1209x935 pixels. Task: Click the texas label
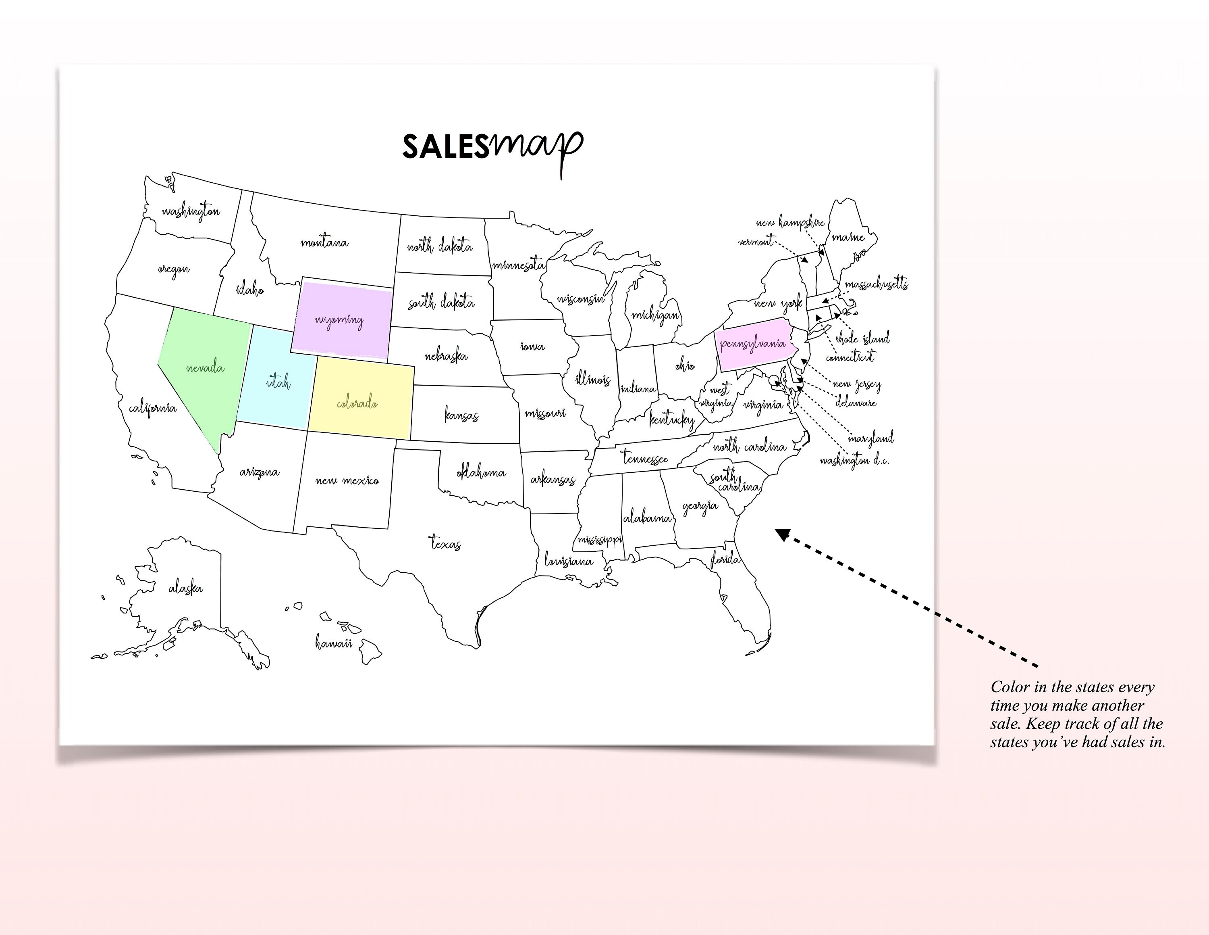point(446,543)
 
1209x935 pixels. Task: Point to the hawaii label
point(334,643)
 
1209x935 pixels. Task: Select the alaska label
point(185,588)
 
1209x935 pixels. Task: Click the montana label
point(324,242)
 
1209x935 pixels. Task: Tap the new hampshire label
point(791,223)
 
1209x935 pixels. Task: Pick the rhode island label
point(862,338)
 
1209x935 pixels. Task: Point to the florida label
point(725,560)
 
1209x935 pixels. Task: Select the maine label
point(848,237)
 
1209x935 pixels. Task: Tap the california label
point(153,409)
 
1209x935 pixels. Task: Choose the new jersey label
point(856,384)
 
